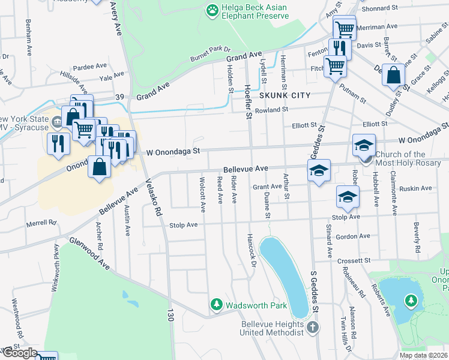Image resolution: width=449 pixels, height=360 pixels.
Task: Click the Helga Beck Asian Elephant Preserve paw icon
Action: (212, 10)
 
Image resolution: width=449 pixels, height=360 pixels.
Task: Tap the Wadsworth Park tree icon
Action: (216, 305)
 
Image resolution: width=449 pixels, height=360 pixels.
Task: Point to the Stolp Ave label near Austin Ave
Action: (183, 226)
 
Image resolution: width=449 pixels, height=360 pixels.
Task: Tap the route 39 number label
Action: (119, 98)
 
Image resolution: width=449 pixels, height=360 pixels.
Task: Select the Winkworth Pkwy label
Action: (56, 264)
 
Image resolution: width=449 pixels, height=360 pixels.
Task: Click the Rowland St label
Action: (271, 110)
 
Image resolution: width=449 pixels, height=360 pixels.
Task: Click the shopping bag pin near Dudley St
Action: (393, 76)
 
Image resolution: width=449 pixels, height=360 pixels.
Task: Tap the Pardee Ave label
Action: (90, 67)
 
